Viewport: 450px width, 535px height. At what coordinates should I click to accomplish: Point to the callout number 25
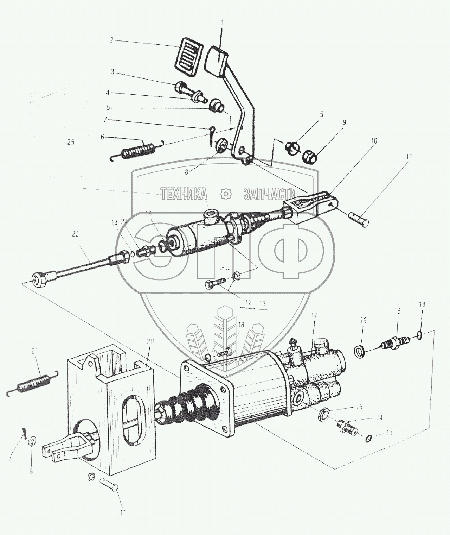(x=71, y=143)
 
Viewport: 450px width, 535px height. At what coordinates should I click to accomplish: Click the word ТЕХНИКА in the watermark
(x=184, y=193)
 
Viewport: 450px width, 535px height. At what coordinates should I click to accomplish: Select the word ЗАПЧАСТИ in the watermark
(x=270, y=193)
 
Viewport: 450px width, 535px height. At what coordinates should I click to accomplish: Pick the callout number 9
(x=344, y=122)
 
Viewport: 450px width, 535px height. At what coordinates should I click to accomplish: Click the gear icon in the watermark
(x=224, y=193)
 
